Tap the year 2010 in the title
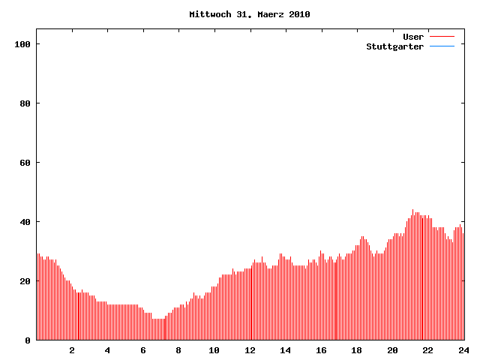[298, 14]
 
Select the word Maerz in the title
[267, 14]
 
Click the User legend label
[413, 37]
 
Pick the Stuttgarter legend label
[394, 46]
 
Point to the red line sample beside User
[442, 37]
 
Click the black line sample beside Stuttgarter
[442, 46]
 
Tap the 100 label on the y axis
[22, 44]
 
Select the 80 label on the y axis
[25, 103]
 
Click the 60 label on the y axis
[25, 163]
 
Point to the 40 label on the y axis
[25, 222]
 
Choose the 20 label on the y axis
[25, 281]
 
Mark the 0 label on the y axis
[28, 340]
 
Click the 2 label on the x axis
[72, 350]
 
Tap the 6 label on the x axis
[143, 350]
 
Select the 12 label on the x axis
[250, 350]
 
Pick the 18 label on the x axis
[356, 350]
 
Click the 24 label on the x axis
[463, 350]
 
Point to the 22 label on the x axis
[427, 350]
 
